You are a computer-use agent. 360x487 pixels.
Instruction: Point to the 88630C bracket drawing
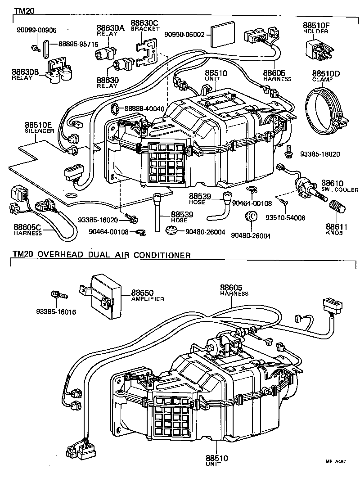click(x=147, y=52)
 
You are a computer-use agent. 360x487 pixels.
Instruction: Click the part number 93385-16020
click(x=97, y=220)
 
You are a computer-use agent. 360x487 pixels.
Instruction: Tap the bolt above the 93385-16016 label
click(x=58, y=295)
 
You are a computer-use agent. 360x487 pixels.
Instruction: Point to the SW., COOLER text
click(x=340, y=190)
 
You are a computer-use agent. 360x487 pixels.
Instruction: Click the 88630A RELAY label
click(x=110, y=30)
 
